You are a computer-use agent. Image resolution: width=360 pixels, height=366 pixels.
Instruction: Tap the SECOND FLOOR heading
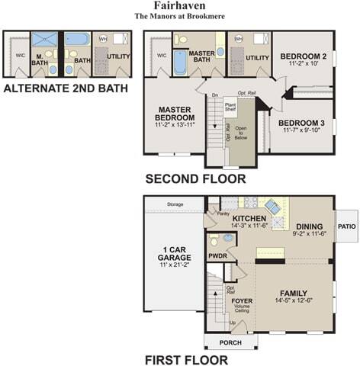point(195,180)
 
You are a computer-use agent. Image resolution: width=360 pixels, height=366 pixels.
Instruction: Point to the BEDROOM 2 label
point(303,56)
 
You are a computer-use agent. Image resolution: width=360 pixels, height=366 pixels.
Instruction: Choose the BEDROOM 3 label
point(302,123)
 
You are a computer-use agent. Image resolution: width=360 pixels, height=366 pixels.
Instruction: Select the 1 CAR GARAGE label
point(175,254)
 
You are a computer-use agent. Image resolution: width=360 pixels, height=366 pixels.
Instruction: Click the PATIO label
point(347,226)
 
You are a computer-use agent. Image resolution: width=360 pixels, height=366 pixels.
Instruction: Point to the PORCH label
point(230,342)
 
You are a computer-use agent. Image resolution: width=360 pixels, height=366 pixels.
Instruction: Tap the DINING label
point(309,226)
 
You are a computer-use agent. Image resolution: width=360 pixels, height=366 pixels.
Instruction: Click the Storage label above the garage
point(175,204)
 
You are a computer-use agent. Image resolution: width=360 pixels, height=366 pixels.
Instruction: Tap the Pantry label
point(223,214)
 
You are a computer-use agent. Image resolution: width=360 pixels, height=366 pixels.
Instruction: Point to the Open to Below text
point(241,134)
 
